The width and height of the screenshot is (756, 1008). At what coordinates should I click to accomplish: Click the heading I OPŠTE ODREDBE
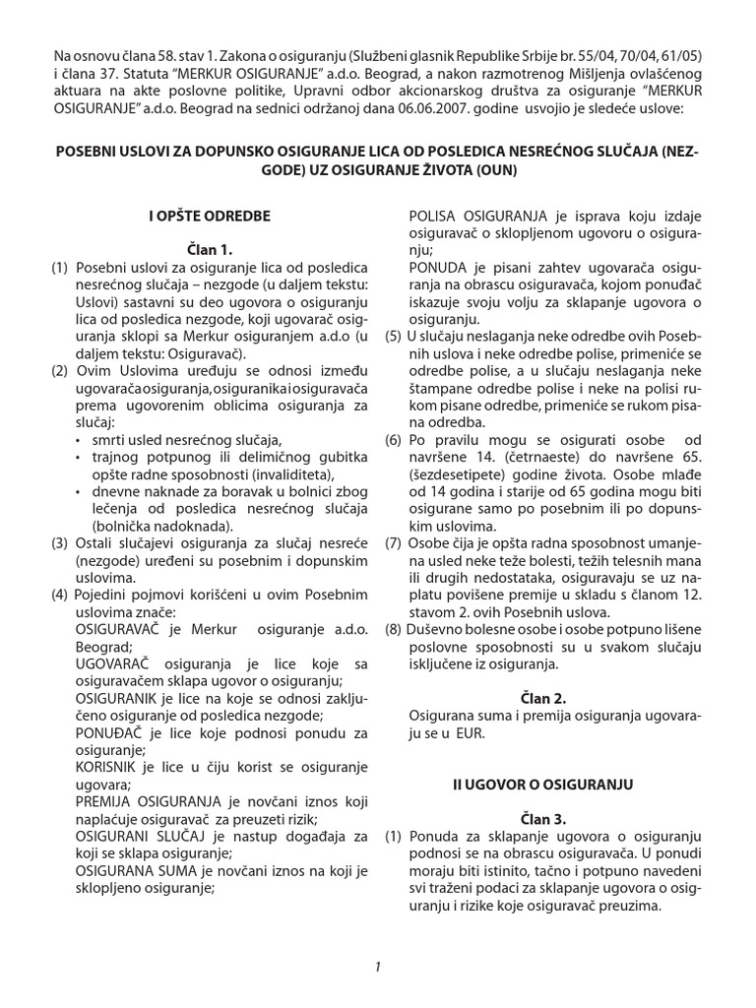209,216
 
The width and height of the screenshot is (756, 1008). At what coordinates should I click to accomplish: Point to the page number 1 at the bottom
377,967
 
